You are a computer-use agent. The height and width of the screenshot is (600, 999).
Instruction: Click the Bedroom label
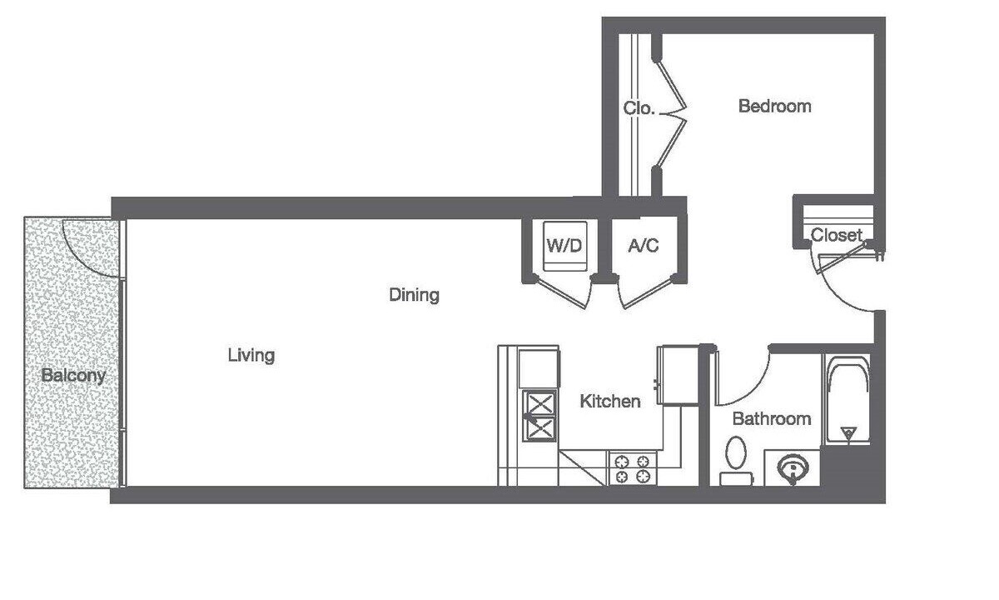coord(775,107)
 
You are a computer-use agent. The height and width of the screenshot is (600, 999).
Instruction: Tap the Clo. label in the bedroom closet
coord(639,108)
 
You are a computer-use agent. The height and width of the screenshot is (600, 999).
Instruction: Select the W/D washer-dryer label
coord(564,245)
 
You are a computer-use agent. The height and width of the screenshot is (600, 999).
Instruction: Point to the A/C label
coord(643,245)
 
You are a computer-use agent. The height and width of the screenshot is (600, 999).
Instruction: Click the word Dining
coord(415,295)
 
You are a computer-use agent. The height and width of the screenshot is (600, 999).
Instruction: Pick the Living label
coord(251,355)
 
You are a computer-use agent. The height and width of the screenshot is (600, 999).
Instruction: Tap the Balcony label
coord(73,376)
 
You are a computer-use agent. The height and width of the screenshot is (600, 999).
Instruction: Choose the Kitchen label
coord(610,402)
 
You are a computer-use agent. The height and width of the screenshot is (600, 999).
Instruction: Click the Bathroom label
coord(772,418)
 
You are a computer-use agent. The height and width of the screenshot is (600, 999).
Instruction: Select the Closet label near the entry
coord(836,235)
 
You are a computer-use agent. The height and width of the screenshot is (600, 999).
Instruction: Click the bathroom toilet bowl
coord(736,452)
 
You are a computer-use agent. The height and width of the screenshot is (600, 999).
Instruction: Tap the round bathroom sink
coord(793,468)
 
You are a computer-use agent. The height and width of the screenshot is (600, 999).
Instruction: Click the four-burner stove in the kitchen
coord(633,468)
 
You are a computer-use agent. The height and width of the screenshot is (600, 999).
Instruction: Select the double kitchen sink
coord(540,416)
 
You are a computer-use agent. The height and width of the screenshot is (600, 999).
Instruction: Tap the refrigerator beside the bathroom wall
coord(679,376)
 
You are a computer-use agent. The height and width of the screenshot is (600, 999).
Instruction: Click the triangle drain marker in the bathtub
coord(847,433)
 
